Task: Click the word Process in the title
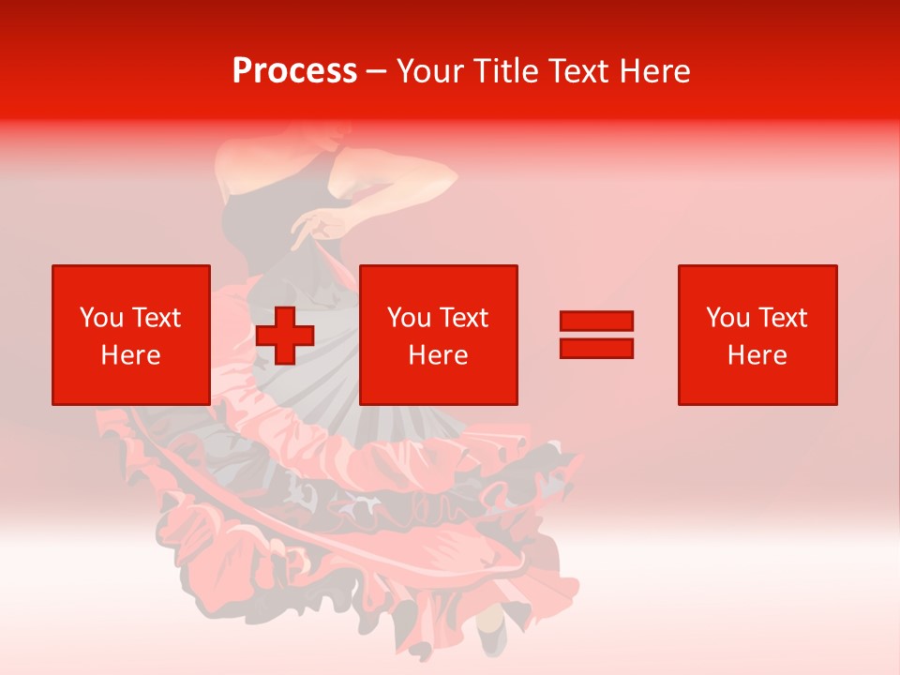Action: pos(294,71)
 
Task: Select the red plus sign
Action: pos(285,336)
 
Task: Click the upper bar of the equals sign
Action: pos(596,322)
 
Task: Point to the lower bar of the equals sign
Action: pos(596,349)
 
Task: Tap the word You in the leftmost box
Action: pos(101,318)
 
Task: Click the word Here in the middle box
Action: pos(439,355)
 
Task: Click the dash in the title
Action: pos(377,72)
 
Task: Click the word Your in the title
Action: pos(429,71)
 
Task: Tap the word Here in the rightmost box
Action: pos(757,355)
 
